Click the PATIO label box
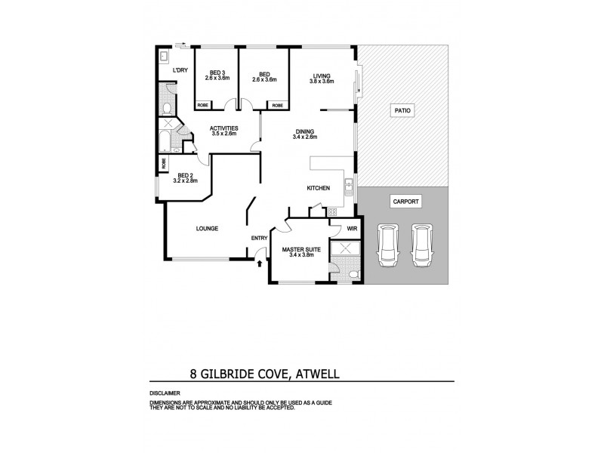click(x=402, y=111)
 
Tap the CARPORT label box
click(x=405, y=202)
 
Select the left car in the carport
click(x=387, y=245)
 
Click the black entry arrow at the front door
click(x=260, y=263)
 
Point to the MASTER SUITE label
click(x=299, y=248)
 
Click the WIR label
click(x=352, y=228)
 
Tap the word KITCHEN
click(x=316, y=188)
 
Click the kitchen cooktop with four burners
click(x=331, y=213)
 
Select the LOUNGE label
click(x=207, y=228)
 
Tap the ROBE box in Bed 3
click(x=203, y=105)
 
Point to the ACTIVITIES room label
click(x=224, y=128)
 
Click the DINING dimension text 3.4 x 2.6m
click(x=305, y=137)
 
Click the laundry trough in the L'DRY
click(x=164, y=57)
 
